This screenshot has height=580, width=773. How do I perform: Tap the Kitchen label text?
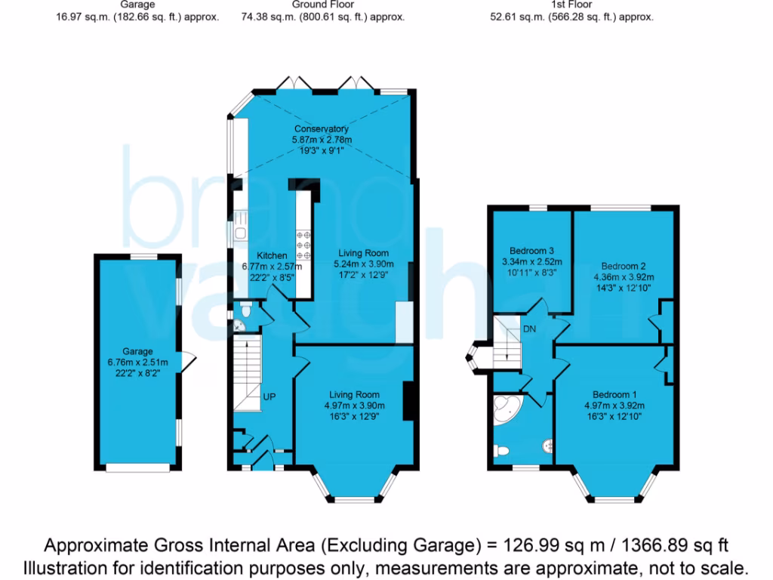272,256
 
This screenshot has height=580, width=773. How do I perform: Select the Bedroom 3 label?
532,251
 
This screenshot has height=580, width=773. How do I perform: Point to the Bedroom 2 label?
624,266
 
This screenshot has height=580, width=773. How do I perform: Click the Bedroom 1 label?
614,394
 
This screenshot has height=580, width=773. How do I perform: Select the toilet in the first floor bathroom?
501,451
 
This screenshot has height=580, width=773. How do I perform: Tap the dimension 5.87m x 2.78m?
322,140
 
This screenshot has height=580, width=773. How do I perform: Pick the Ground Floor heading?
322,5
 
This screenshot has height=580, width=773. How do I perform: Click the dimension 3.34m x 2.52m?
532,261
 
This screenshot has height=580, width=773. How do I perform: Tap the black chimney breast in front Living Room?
409,401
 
